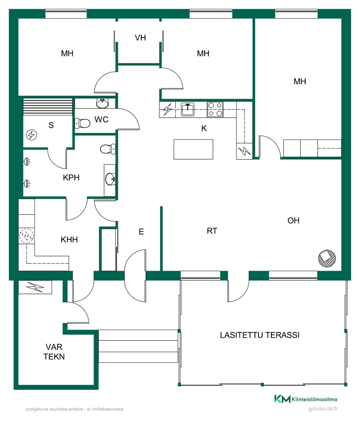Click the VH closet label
140,38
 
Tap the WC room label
101,120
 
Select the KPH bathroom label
71,178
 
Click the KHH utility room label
69,239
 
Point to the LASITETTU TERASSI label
260,335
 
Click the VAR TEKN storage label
54,352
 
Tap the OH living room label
293,220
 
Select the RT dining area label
212,231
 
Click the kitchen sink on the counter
187,110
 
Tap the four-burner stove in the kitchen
215,110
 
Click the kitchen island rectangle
193,149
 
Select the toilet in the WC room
83,123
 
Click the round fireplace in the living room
327,258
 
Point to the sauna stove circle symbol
31,135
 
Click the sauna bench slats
48,107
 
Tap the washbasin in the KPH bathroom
110,179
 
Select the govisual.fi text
323,409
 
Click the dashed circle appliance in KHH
27,236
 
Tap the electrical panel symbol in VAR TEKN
35,287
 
